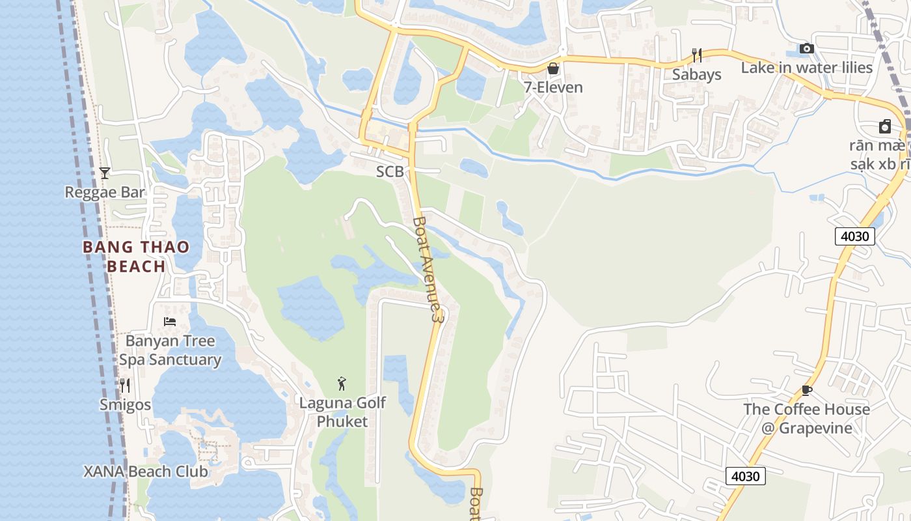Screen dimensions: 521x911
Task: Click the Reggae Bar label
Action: point(105,192)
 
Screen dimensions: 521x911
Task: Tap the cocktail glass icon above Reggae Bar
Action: point(104,173)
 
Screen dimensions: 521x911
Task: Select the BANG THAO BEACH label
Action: point(136,257)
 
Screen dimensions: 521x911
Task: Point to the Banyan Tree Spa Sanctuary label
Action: point(170,350)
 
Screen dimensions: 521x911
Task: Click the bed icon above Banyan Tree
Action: point(170,321)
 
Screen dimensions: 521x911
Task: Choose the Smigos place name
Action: point(125,404)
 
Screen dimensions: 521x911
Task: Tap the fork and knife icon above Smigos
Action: point(125,386)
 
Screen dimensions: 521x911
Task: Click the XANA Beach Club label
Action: point(146,472)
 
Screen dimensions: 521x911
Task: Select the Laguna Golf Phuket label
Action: point(342,412)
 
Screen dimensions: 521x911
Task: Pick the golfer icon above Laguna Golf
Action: point(342,384)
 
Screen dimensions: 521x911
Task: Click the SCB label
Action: point(390,172)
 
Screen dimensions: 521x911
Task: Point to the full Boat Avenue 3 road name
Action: point(428,268)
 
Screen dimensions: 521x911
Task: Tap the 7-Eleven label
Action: point(553,87)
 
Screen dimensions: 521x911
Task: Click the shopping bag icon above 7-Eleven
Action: point(553,68)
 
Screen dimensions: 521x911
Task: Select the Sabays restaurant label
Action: point(697,74)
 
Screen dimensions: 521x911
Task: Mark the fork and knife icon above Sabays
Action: point(697,55)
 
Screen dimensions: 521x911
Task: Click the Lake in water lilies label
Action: point(807,68)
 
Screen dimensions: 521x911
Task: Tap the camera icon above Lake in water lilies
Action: point(807,49)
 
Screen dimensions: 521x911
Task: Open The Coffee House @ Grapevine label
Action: point(807,419)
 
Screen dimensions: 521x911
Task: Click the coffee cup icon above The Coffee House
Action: point(807,390)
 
